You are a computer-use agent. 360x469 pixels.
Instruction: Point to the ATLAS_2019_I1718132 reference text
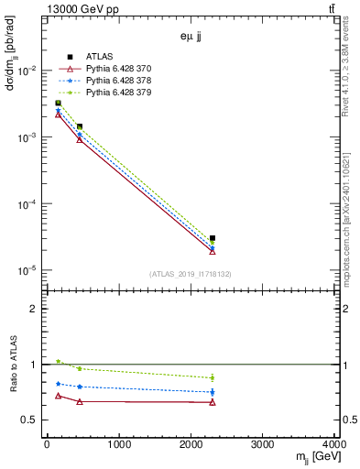point(191,274)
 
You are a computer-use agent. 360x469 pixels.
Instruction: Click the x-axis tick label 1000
point(118,444)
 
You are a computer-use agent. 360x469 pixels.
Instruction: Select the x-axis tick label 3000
point(263,444)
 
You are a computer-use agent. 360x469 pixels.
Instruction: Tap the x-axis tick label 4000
point(333,444)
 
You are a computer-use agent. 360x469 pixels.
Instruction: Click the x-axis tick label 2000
point(191,444)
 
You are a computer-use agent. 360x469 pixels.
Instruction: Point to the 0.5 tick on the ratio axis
point(32,420)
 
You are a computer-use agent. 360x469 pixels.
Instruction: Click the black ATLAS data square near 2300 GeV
point(213,238)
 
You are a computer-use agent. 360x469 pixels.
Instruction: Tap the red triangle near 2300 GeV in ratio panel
point(213,402)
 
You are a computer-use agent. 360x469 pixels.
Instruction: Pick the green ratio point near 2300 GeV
point(213,377)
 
